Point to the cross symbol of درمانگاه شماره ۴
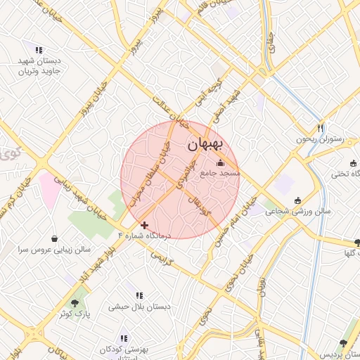click(x=145, y=225)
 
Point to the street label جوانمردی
click(x=179, y=174)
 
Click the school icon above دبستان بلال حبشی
click(x=139, y=296)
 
